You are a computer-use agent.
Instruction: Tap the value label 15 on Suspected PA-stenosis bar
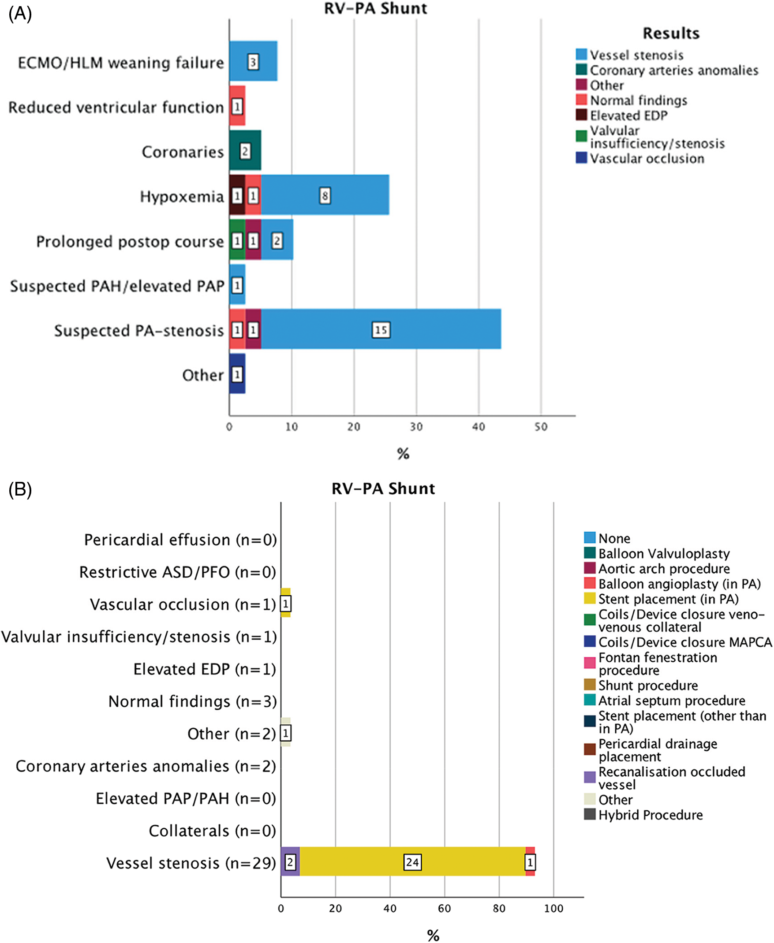381,330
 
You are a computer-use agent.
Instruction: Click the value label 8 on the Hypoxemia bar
325,195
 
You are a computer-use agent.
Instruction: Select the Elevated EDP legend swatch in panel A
581,115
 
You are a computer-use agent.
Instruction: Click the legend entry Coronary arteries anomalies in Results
674,71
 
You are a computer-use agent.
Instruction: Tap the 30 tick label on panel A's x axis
416,427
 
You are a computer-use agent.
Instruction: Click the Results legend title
670,34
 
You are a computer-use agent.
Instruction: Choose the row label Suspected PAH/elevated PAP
117,286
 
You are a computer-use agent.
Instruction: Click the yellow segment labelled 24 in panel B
412,862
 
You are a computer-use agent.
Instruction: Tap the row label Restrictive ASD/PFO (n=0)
178,572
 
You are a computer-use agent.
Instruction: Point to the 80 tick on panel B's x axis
499,908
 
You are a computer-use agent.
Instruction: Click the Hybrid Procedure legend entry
650,815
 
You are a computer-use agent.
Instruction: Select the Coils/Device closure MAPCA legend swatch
589,642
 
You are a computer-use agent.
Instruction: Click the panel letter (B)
20,489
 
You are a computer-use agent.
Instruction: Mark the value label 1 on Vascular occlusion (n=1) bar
286,604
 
